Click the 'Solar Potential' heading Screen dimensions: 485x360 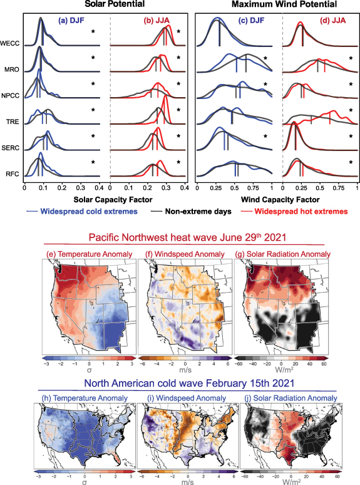[x=105, y=5]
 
